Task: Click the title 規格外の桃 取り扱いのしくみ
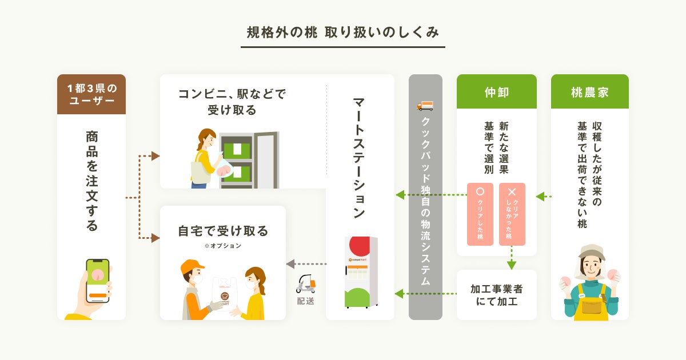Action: coord(342,33)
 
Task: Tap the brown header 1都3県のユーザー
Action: coord(91,94)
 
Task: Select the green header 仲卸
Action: coord(496,92)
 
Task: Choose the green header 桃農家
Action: coord(589,92)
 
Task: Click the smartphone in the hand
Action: coord(97,281)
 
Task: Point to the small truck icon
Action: coord(425,106)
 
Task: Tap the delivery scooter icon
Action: coord(306,283)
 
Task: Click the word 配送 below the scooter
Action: coord(305,301)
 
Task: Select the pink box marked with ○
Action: coord(480,214)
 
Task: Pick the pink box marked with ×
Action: coord(512,214)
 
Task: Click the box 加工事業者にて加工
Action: coord(496,295)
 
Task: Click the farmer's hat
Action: coord(591,251)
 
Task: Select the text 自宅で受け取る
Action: coord(223,231)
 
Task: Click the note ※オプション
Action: coord(222,246)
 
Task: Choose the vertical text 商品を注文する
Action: coord(91,181)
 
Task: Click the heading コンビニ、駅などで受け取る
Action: coord(232,101)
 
